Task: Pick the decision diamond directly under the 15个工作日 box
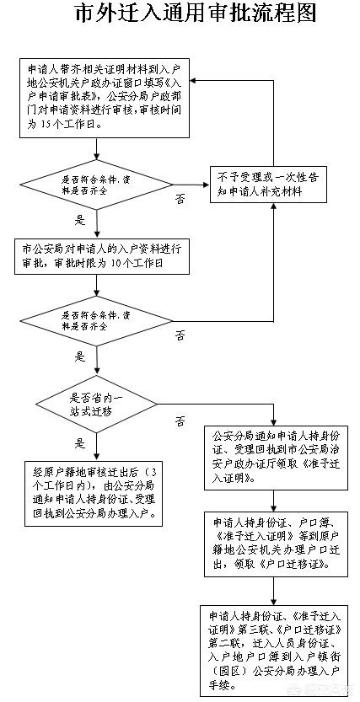click(x=98, y=185)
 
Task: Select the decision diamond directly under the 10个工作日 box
click(x=98, y=320)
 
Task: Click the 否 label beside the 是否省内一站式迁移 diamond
click(x=180, y=420)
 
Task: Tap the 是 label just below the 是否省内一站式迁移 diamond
click(x=81, y=443)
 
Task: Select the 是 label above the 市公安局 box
click(x=81, y=221)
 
